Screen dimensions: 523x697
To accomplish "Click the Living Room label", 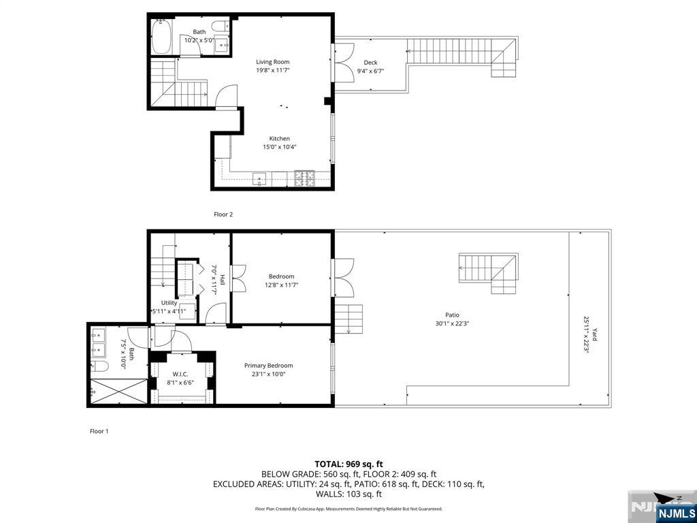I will click(272, 62).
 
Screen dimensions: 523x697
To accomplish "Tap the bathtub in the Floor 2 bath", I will click(161, 36).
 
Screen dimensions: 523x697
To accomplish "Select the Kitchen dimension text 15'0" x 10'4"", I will click(280, 147).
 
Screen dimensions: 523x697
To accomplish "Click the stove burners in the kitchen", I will click(304, 178).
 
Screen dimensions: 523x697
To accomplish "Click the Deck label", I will click(370, 63).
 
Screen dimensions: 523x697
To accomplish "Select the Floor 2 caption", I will click(223, 215).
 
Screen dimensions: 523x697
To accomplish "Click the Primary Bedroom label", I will click(268, 366).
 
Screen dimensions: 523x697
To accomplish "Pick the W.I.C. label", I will click(180, 374).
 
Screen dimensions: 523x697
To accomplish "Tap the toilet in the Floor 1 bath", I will click(100, 366).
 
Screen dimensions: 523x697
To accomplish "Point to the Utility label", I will click(169, 303).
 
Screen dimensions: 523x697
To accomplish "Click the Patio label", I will click(453, 315).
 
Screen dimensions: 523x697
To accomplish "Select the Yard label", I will click(594, 334).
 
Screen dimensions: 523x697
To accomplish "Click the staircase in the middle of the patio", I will click(489, 273).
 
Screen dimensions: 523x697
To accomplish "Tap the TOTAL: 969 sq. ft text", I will click(348, 463).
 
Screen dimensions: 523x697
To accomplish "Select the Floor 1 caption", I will click(99, 431).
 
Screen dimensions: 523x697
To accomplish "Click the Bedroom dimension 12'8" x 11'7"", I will click(281, 285).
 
